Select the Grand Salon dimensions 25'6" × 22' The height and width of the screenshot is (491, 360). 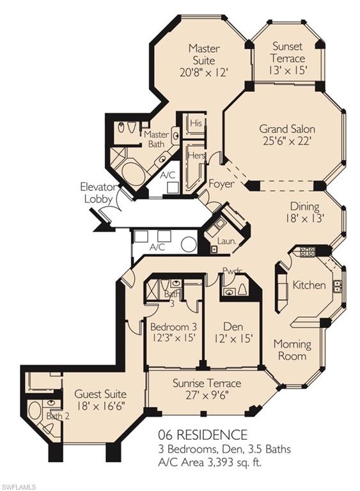point(286,142)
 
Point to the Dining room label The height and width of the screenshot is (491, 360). point(304,207)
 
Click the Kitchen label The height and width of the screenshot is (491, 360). point(309,284)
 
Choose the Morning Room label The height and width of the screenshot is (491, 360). point(292,350)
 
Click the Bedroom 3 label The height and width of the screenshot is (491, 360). point(172,326)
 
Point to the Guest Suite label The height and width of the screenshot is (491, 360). point(100,394)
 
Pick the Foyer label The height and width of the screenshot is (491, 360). point(221,184)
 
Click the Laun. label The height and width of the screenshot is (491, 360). point(227,242)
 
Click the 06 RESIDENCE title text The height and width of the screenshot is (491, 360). point(204,435)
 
